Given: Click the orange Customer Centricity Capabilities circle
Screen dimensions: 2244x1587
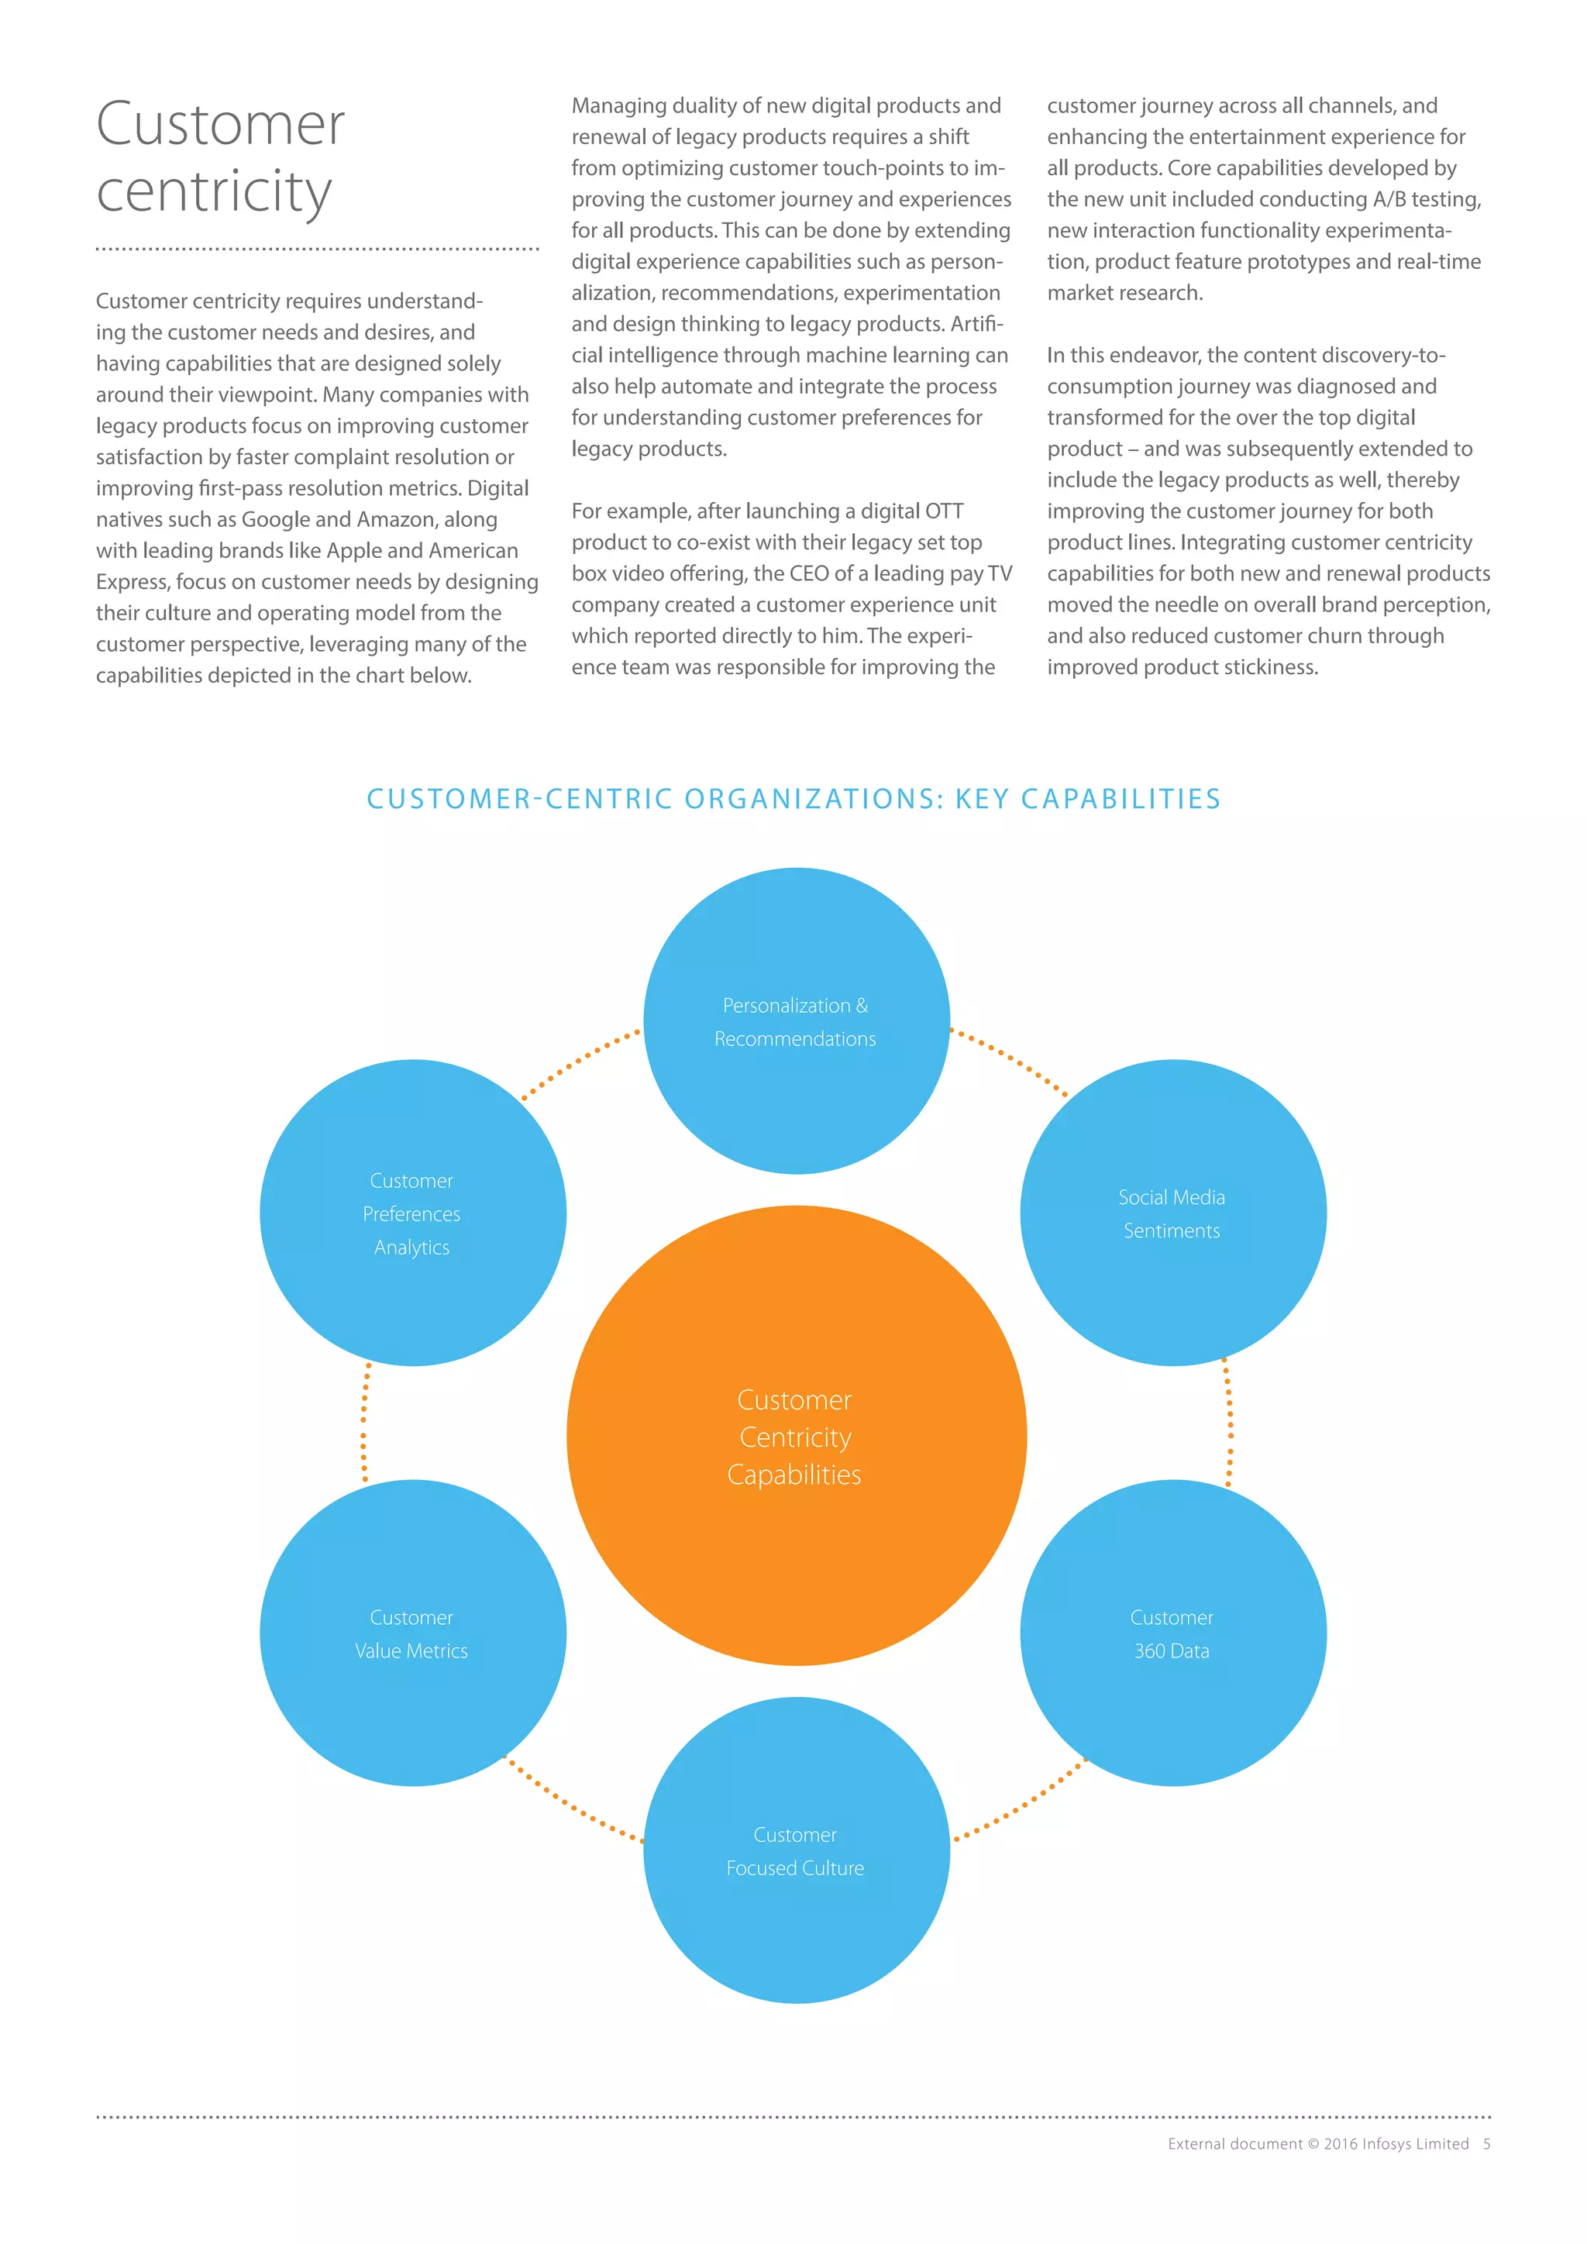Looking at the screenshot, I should click(x=796, y=1436).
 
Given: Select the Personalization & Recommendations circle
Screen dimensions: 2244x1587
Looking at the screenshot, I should click(x=796, y=1021).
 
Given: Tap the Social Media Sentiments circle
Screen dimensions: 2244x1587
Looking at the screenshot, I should click(x=1172, y=1213).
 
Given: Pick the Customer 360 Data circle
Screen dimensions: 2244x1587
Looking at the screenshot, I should click(x=1172, y=1633).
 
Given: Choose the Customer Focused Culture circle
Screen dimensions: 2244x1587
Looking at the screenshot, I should click(x=796, y=1850).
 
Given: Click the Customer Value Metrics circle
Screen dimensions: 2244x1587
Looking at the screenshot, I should click(x=412, y=1633).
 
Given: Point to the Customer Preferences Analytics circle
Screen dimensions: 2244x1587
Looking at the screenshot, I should click(x=412, y=1213).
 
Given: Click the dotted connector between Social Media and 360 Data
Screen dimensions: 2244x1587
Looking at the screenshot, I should click(x=1228, y=1422).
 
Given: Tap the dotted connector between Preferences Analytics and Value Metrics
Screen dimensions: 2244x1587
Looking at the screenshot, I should click(x=364, y=1422).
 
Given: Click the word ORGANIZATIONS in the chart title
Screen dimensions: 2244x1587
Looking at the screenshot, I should click(x=814, y=800).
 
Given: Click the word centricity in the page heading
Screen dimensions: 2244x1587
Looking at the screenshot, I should click(x=214, y=191).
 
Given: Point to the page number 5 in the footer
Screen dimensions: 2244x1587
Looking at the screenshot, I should click(x=1486, y=2143).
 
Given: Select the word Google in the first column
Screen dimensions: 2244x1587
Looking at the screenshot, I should click(x=277, y=519).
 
